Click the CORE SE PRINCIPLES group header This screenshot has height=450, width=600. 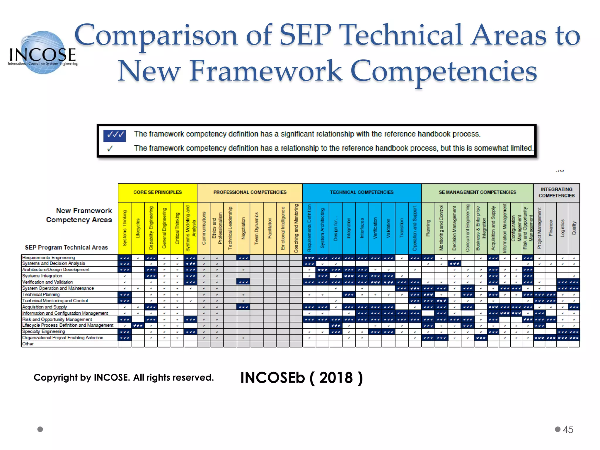click(157, 192)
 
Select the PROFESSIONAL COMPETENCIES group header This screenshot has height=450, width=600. click(250, 192)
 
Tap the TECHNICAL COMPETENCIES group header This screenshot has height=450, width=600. click(362, 192)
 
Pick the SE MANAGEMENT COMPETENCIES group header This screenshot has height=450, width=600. click(477, 192)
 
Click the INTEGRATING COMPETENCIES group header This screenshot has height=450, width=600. click(556, 192)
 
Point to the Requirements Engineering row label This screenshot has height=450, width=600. click(49, 258)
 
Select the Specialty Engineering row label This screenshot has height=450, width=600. click(44, 331)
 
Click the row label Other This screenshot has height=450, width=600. click(28, 344)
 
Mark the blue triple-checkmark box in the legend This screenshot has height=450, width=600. click(115, 135)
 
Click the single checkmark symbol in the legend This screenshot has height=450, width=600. click(110, 149)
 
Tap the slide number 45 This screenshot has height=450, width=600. click(568, 429)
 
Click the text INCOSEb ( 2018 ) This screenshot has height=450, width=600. click(301, 378)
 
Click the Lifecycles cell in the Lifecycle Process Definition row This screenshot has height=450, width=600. click(138, 325)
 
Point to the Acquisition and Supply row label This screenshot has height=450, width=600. click(45, 307)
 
